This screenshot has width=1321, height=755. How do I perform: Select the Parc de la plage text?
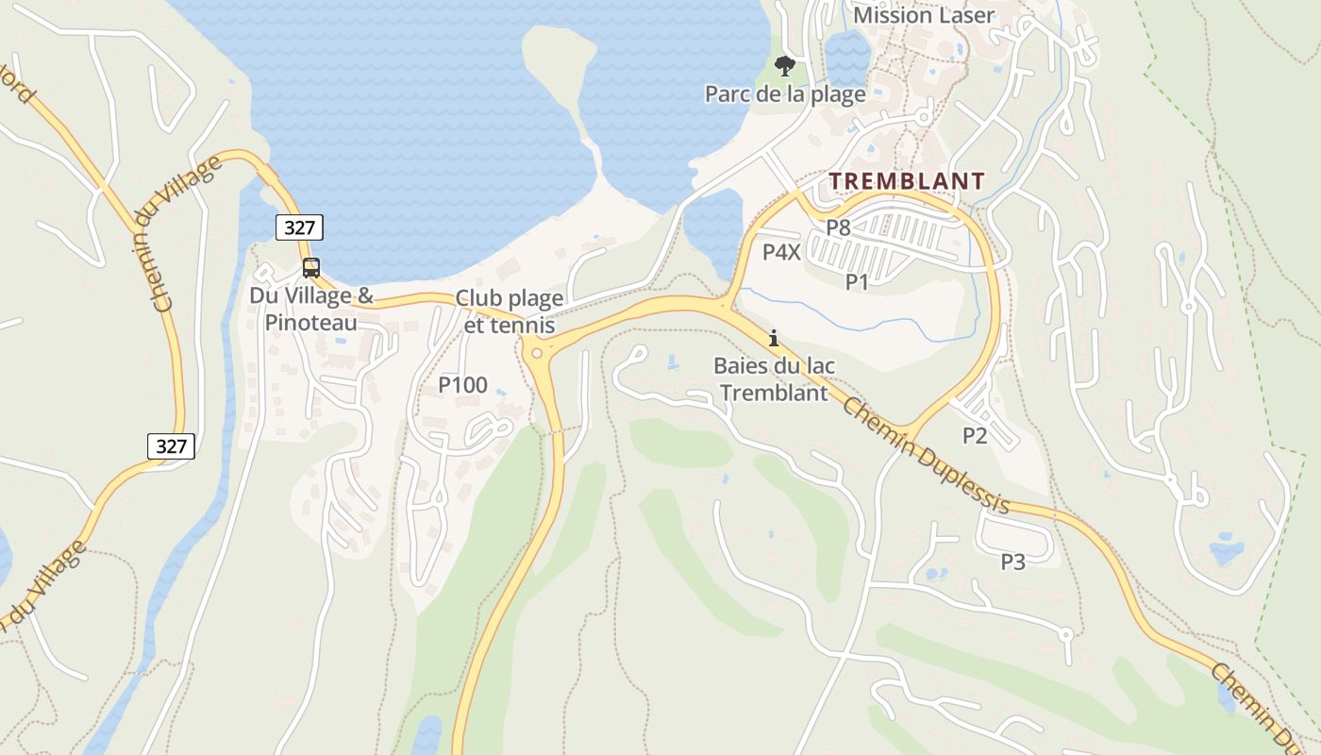(x=785, y=94)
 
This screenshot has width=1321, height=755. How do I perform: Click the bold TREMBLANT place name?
(x=907, y=181)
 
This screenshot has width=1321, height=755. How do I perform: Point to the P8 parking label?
(x=838, y=227)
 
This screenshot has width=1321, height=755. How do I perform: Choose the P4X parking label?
(x=781, y=252)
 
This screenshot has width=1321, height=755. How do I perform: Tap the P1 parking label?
(x=856, y=281)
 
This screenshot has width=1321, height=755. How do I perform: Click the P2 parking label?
(x=975, y=435)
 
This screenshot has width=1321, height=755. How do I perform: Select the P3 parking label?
(x=1012, y=562)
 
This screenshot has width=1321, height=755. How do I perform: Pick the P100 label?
(x=462, y=385)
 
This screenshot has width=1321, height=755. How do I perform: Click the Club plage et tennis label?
(x=510, y=311)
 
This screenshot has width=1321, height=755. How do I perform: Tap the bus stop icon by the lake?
(x=311, y=268)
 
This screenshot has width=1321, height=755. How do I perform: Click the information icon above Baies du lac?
(x=774, y=338)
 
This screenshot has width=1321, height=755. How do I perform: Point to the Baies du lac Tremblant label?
(x=774, y=379)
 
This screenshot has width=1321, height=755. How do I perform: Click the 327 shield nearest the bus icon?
(x=300, y=226)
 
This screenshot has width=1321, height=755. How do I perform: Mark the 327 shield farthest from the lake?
(x=171, y=445)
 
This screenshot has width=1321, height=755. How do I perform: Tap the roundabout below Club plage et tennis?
(x=537, y=353)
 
